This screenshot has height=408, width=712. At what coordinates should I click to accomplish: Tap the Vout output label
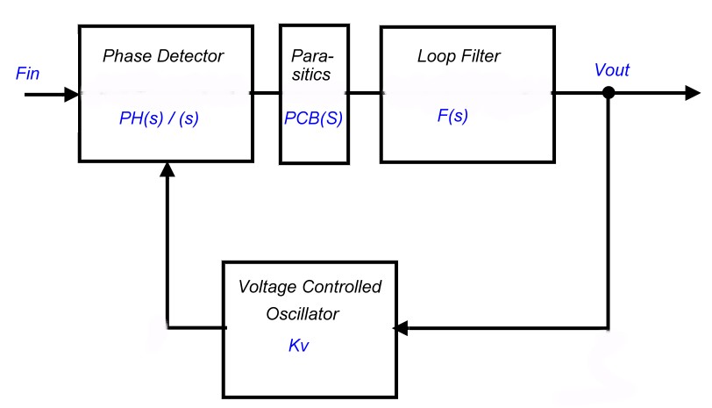(611, 70)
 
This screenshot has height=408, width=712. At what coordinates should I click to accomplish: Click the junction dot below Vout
(608, 93)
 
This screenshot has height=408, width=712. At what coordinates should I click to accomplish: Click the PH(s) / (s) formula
(159, 118)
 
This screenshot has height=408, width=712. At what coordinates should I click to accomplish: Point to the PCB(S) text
(313, 118)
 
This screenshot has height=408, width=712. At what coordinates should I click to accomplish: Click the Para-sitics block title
(312, 65)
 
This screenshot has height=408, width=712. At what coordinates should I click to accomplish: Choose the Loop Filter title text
(458, 56)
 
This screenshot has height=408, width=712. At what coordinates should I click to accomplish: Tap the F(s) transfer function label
(452, 116)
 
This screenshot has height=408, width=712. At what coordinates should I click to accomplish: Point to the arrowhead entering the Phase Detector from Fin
(71, 93)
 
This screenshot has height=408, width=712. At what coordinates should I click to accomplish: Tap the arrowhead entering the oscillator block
(401, 328)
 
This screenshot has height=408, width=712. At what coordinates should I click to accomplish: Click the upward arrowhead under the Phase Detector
(167, 169)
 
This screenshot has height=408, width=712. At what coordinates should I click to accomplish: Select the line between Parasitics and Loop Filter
(363, 92)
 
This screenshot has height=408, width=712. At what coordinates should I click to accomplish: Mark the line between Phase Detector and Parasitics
(266, 92)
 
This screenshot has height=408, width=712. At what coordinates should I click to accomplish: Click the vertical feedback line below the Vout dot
(608, 211)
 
